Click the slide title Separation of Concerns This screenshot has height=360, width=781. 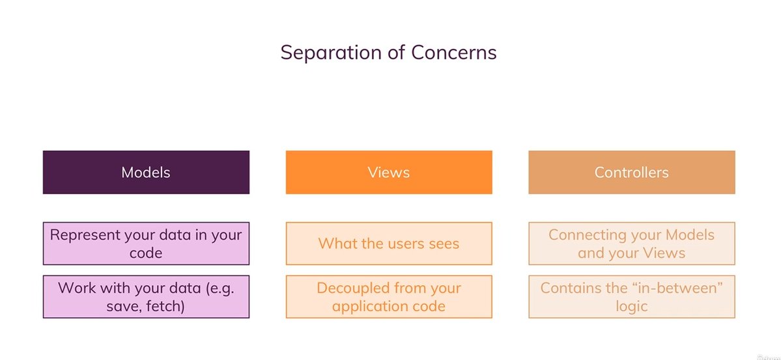click(388, 52)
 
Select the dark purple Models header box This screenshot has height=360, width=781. click(146, 173)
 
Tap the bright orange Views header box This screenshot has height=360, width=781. click(389, 173)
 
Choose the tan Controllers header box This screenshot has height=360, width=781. click(631, 173)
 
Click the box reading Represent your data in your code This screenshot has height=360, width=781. click(146, 243)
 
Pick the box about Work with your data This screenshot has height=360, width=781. click(146, 296)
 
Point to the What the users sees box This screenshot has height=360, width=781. click(389, 243)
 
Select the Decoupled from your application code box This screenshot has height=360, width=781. click(389, 296)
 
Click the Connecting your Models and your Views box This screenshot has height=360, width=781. click(631, 243)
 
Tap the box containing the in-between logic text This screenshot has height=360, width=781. click(631, 296)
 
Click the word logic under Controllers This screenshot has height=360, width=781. click(631, 305)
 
